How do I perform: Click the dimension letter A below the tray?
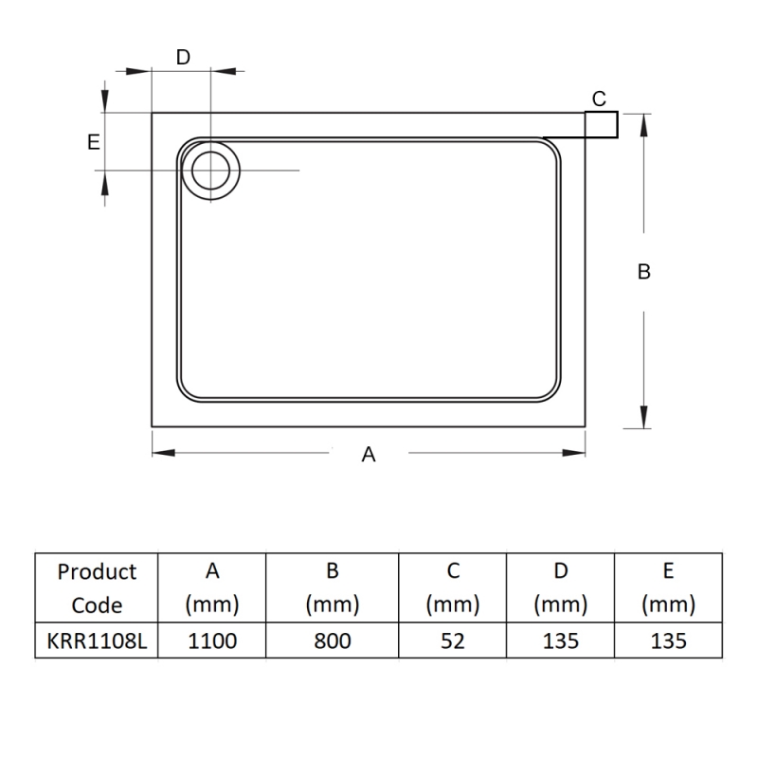tap(370, 455)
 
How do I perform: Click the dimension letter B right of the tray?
tap(643, 272)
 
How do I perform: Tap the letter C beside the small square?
tap(599, 99)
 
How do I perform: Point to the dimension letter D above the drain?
tap(184, 57)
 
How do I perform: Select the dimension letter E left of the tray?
tap(93, 142)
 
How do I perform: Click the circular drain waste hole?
tap(210, 171)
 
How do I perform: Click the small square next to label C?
tap(602, 125)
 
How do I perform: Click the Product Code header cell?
tap(97, 587)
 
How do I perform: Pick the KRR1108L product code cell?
tap(97, 641)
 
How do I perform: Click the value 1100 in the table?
tap(212, 641)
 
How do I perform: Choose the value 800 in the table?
tap(332, 641)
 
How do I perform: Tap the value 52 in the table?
tap(453, 641)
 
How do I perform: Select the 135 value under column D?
tap(561, 641)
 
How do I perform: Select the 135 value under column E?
tap(668, 641)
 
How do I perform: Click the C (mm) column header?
tap(453, 587)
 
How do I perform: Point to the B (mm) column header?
tap(332, 587)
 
